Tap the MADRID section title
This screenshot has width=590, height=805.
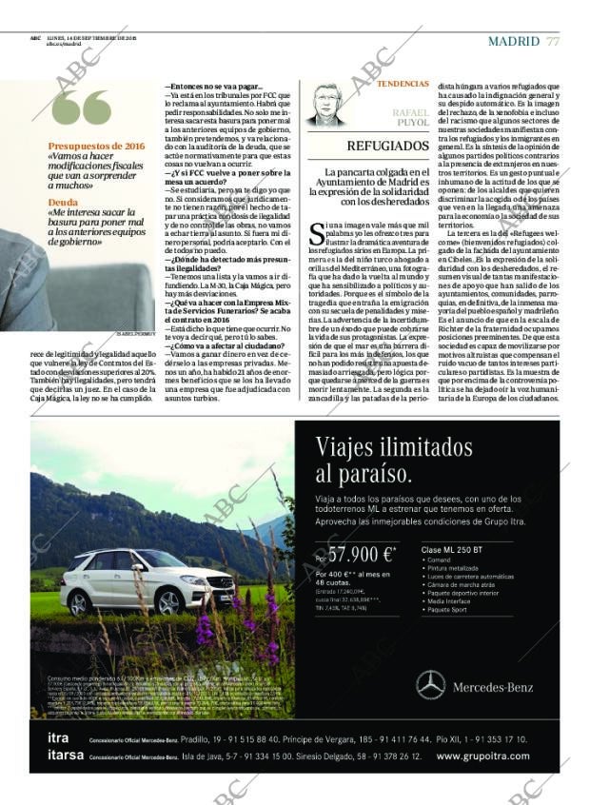pos(514,41)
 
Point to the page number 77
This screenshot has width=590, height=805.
pos(553,41)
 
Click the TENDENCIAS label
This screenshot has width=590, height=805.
pos(403,85)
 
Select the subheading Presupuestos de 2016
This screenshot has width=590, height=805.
pos(96,146)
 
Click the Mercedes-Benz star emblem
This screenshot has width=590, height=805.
pos(430,682)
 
